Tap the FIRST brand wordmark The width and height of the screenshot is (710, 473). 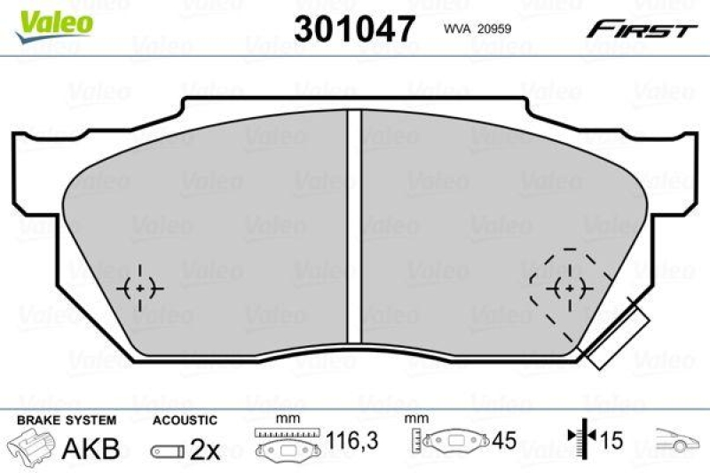(639, 29)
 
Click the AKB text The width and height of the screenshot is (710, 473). (91, 448)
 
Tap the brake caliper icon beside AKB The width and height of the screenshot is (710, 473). (33, 446)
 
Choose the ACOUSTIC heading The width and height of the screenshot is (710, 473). (185, 421)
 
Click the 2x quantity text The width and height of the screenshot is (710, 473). (205, 450)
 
